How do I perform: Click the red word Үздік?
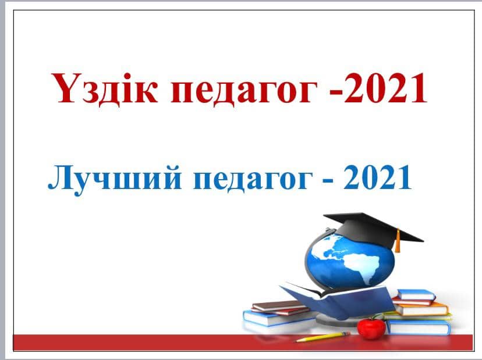click(105, 88)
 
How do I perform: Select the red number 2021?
click(385, 88)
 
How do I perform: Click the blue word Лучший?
click(115, 177)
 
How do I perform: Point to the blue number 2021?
click(377, 177)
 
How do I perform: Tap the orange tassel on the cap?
click(398, 241)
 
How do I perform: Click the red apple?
click(371, 328)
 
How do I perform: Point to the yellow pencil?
click(322, 337)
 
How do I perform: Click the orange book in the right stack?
click(420, 308)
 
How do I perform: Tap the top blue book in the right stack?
click(416, 295)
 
